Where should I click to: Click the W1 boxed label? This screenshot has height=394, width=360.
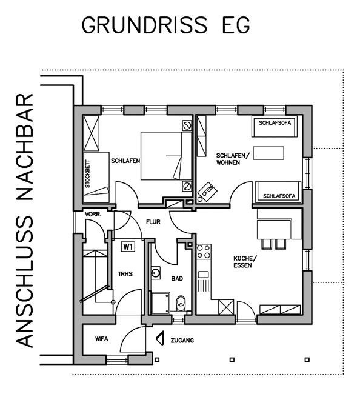[x=128, y=247]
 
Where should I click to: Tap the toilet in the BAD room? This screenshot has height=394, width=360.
[x=181, y=303]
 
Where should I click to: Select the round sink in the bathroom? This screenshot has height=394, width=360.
[x=156, y=273]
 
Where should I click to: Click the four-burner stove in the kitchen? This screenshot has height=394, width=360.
[x=204, y=252]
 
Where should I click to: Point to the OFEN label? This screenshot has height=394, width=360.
[x=207, y=192]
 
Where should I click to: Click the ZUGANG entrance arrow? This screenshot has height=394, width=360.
[x=160, y=338]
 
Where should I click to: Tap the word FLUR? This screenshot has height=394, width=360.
[x=153, y=222]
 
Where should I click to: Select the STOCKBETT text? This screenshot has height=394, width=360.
[x=87, y=174]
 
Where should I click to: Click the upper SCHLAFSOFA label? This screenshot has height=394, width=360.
[x=275, y=123]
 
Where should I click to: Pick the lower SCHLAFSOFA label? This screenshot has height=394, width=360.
[x=279, y=196]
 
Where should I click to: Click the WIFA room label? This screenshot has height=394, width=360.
[x=102, y=339]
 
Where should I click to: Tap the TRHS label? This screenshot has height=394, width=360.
[x=125, y=273]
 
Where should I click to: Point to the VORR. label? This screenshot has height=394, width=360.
[x=93, y=215]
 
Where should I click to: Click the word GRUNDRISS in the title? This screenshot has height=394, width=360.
[x=144, y=25]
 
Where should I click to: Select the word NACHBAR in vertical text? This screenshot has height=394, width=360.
[x=25, y=147]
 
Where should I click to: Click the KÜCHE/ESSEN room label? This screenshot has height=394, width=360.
[x=245, y=262]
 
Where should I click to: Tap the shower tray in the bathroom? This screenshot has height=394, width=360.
[x=160, y=303]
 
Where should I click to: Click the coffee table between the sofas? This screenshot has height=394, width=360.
[x=268, y=153]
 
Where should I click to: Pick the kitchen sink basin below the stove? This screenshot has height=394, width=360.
[x=203, y=275]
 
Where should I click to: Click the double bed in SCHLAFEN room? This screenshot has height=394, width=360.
[x=166, y=156]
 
